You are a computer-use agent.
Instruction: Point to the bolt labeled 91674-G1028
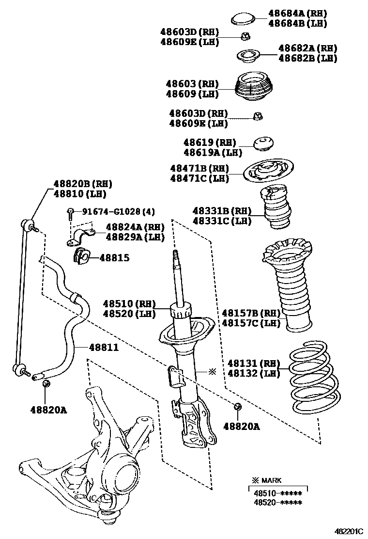(x=71, y=212)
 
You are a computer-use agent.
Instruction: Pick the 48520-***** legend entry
(x=277, y=502)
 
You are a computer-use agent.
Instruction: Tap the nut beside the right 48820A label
(x=237, y=407)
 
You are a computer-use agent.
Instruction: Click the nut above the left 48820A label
(x=46, y=384)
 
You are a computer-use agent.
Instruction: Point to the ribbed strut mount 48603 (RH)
(x=254, y=88)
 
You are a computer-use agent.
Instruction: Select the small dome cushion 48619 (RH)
(x=263, y=143)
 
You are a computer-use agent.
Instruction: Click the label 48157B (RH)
(x=251, y=313)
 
